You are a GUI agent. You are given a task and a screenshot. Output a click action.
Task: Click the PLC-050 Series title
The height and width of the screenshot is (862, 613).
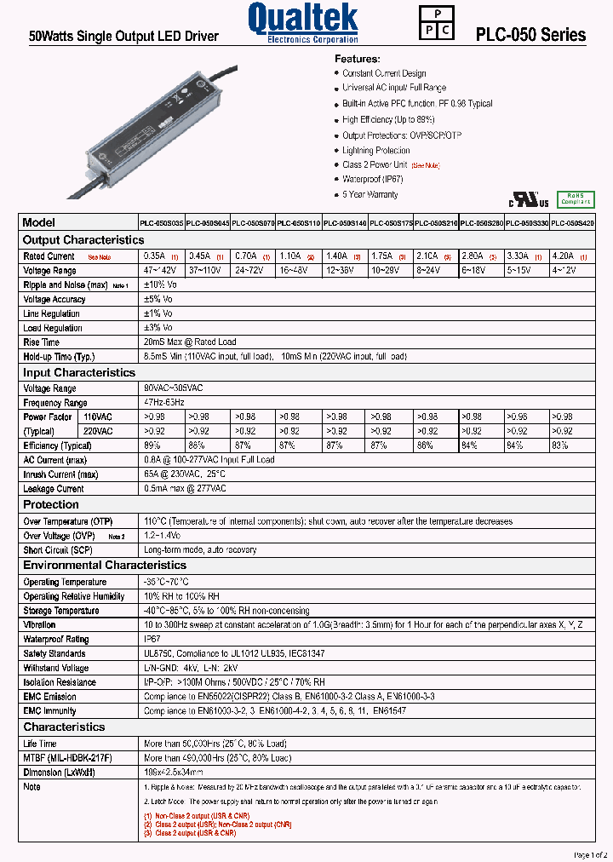pos(530,35)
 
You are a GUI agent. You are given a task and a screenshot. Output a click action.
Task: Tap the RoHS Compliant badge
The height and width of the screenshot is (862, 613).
pos(575,198)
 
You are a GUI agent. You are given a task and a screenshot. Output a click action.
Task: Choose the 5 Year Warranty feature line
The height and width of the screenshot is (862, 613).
pos(370,195)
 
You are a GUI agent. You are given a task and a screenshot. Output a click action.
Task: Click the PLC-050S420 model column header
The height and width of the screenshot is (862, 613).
pos(572,222)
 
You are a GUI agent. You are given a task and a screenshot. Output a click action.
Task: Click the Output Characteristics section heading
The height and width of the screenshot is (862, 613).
pos(83,240)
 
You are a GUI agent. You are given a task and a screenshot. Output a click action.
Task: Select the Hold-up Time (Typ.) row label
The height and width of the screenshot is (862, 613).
pos(59,357)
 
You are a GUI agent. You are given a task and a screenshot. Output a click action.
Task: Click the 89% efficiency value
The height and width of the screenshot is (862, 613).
pos(153,445)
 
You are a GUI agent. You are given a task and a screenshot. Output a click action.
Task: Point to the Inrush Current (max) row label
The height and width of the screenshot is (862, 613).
pos(60,474)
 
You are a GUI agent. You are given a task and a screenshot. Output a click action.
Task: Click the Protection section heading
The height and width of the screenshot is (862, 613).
pos(51,504)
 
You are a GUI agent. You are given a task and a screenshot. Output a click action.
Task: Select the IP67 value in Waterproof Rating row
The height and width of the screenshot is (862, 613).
pos(152,639)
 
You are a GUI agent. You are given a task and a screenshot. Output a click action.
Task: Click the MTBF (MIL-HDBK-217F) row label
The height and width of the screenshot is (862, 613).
pos(67,757)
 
